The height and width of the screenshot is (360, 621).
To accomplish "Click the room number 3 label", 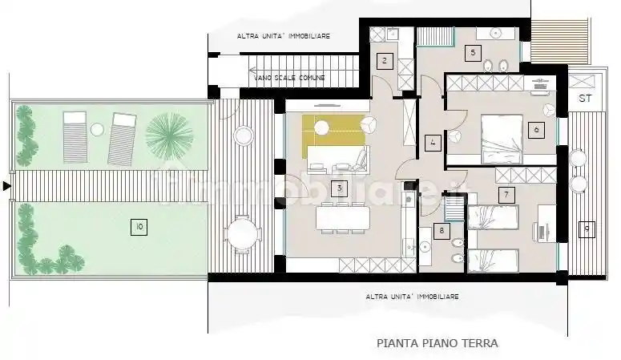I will tap(339, 189).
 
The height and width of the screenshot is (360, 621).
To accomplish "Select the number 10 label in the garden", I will tap(140, 228).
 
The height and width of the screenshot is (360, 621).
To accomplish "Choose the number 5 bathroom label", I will tap(474, 53).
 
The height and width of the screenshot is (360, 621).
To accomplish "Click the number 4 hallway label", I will tap(433, 144).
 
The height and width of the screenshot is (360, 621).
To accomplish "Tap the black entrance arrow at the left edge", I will tap(7, 186).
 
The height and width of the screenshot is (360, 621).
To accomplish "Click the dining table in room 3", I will tap(342, 217).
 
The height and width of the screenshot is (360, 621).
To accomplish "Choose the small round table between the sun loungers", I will tap(97, 128).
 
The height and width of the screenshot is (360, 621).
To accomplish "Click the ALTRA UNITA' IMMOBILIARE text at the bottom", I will tap(412, 297).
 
